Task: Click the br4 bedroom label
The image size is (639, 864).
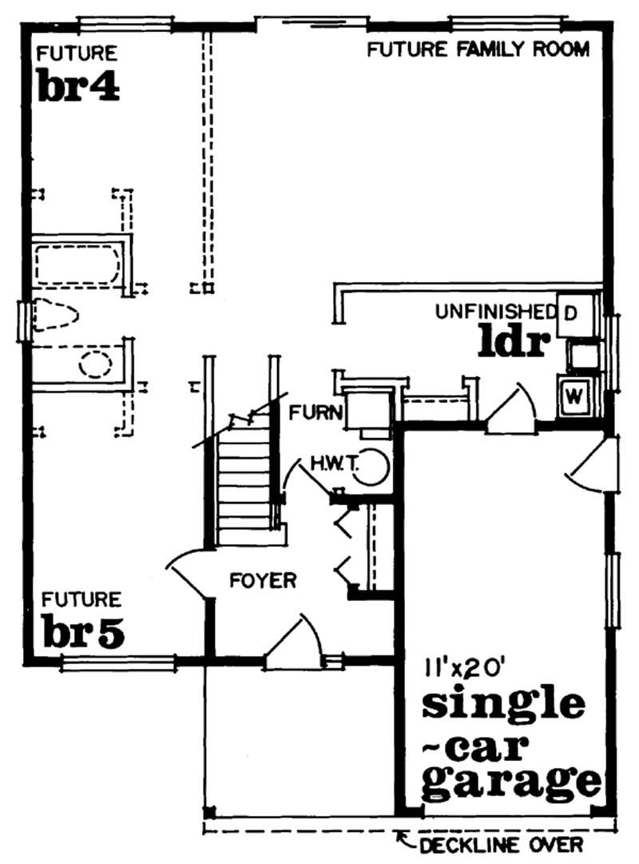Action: click(x=79, y=86)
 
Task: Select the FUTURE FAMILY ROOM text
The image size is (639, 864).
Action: click(x=478, y=49)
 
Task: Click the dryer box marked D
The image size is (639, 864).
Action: click(x=576, y=315)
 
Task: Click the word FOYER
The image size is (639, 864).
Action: click(x=263, y=580)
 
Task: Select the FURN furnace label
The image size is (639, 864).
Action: click(x=316, y=412)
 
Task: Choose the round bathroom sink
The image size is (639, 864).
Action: click(x=95, y=364)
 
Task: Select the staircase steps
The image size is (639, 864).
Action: click(x=244, y=485)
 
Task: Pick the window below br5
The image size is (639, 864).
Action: click(x=118, y=663)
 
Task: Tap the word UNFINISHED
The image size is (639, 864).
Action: click(x=495, y=312)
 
